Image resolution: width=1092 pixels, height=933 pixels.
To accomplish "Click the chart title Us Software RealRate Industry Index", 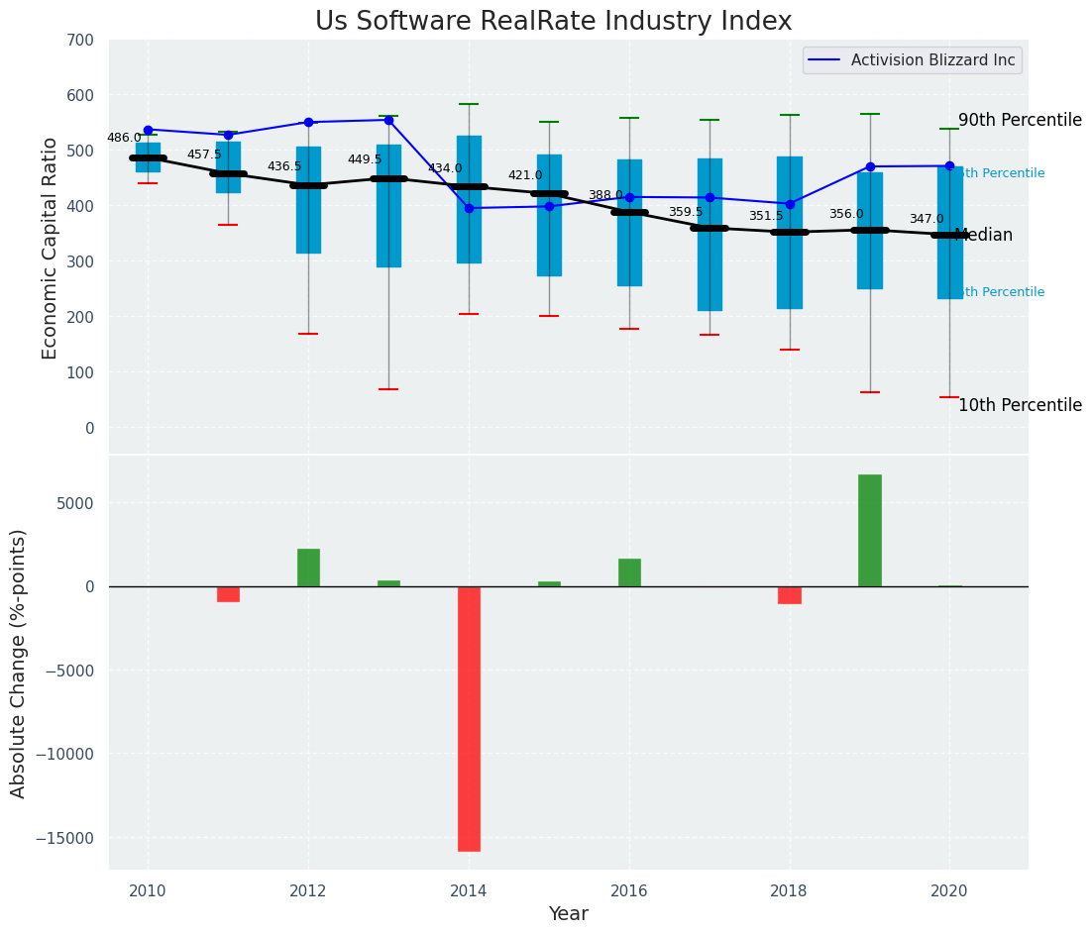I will coord(553,22).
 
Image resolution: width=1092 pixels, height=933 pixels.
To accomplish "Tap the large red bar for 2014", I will coord(469,718).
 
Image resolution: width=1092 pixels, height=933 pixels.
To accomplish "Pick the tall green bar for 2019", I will coord(870,530).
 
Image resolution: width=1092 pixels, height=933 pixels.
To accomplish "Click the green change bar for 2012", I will coord(308,568).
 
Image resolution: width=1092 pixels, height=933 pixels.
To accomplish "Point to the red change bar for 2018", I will coord(790,594).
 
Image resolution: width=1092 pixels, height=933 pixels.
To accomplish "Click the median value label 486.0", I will coord(124,138).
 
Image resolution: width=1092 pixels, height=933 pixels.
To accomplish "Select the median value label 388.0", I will coord(605,195).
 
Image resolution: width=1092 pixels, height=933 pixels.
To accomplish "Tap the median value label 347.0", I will coord(927,219).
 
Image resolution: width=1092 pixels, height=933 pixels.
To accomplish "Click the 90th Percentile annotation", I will coord(1020,120).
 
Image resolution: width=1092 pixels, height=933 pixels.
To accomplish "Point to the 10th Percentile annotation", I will coord(1020,405).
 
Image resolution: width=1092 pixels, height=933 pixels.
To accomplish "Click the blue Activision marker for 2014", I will coord(469,208).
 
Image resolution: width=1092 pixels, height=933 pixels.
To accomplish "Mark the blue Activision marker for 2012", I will coord(308,122).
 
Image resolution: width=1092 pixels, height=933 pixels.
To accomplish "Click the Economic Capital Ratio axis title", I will coord(51,248).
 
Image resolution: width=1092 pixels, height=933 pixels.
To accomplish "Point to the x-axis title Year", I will coord(569,913).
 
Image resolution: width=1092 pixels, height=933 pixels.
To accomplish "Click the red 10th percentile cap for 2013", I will coord(388,389).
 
